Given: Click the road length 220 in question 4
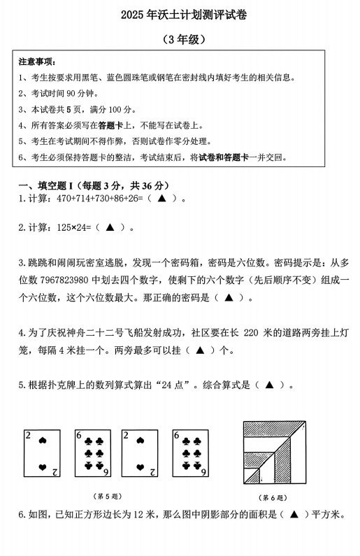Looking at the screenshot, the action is [x=254, y=333].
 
